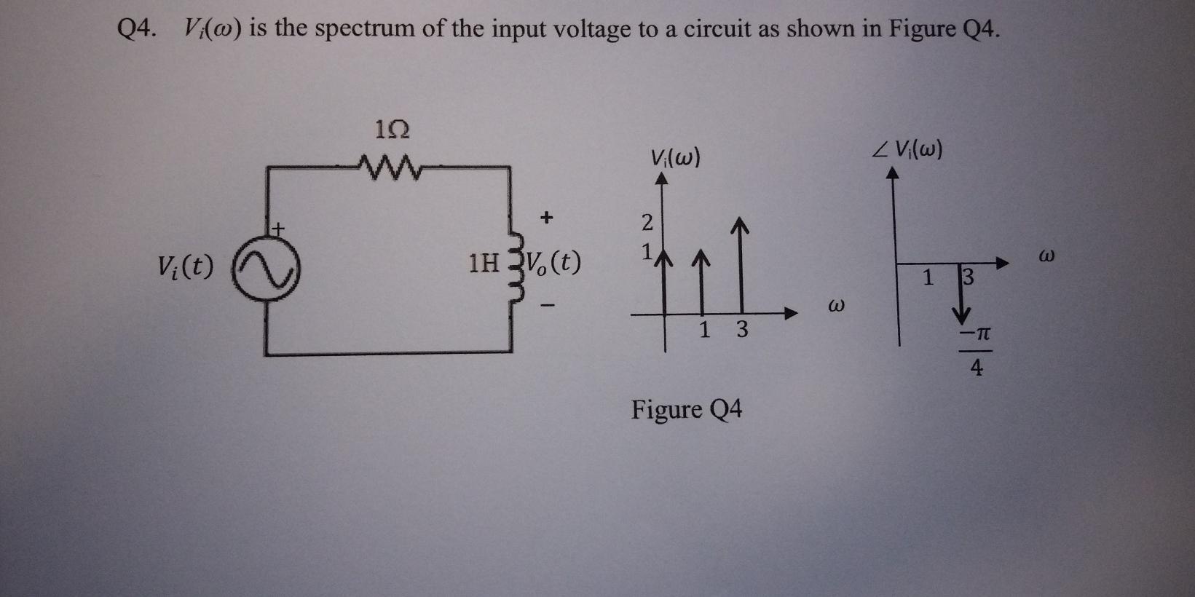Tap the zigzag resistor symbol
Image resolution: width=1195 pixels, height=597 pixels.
point(389,169)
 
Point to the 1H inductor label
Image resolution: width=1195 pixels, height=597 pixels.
point(484,263)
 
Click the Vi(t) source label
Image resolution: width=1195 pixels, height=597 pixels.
point(186,267)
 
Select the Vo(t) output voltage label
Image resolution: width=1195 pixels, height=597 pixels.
point(553,262)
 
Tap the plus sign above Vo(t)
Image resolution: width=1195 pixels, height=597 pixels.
point(547,216)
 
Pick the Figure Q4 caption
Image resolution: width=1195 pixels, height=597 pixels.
point(686,410)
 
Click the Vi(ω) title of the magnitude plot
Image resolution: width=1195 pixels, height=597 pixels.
point(675,157)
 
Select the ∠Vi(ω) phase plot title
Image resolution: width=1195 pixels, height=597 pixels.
point(907,149)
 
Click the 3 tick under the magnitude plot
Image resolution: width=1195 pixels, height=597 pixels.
point(741,331)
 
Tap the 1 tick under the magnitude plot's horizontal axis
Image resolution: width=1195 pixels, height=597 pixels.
point(704,331)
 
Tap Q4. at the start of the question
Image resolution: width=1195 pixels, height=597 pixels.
point(137,29)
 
